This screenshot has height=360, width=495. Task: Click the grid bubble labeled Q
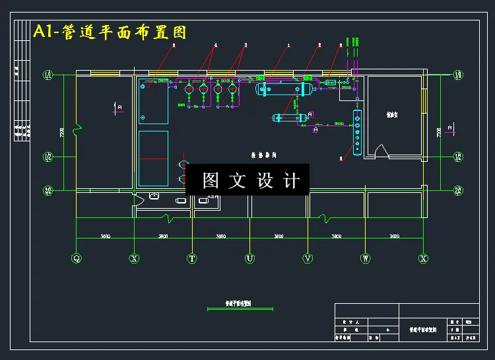pyautogui.click(x=77, y=259)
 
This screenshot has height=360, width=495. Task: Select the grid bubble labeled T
pyautogui.click(x=192, y=259)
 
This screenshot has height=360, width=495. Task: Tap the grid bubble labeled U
pyautogui.click(x=249, y=259)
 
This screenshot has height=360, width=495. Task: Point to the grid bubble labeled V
pyautogui.click(x=308, y=259)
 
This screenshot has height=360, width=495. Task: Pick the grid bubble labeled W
pyautogui.click(x=365, y=259)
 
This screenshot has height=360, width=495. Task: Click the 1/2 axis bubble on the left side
pyautogui.click(x=48, y=157)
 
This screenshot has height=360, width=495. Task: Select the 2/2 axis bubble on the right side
pyautogui.click(x=458, y=191)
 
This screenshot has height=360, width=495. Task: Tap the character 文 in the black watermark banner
pyautogui.click(x=236, y=180)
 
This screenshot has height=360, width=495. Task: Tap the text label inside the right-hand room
pyautogui.click(x=392, y=114)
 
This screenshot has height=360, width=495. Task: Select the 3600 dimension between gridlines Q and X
pyautogui.click(x=105, y=236)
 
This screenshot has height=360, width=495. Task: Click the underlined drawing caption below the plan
pyautogui.click(x=238, y=305)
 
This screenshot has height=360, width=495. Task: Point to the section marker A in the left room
pyautogui.click(x=119, y=106)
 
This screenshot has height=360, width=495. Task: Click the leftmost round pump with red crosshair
pyautogui.click(x=189, y=87)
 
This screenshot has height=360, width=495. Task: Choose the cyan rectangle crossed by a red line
pyautogui.click(x=153, y=159)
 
